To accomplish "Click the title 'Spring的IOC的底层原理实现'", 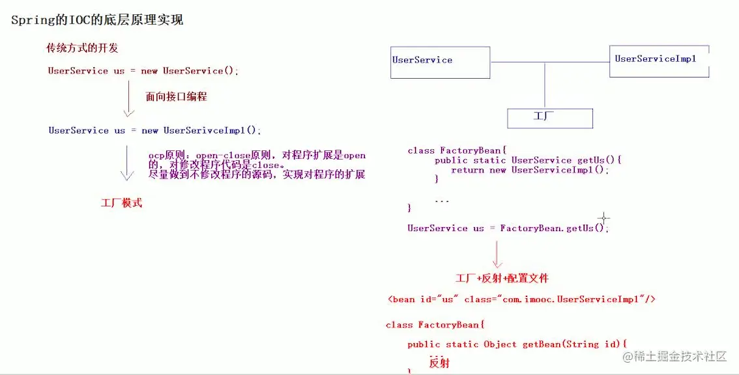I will (x=97, y=20).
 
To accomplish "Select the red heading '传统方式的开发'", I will (x=82, y=48).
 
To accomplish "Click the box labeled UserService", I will (x=440, y=62).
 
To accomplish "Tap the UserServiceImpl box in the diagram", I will (x=659, y=62).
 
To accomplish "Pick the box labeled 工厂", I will (x=550, y=118).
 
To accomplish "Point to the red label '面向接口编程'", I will (x=176, y=96).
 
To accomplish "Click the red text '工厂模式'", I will (x=121, y=203).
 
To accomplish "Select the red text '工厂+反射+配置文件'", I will (x=502, y=278).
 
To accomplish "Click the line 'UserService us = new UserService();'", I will (x=143, y=71).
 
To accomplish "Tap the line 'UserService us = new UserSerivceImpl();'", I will (x=154, y=130).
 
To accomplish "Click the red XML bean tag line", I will (x=521, y=299).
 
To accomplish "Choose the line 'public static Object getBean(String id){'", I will (x=517, y=344).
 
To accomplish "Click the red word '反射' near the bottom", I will (x=439, y=363).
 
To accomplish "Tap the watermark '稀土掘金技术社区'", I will (x=681, y=357).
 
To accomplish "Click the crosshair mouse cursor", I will (x=604, y=217).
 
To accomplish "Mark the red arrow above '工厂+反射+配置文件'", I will (x=497, y=255).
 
